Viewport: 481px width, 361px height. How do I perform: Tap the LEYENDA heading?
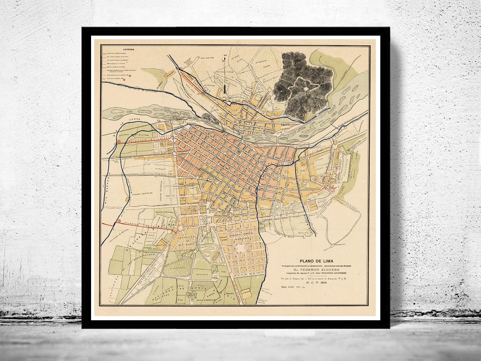(x=129, y=50)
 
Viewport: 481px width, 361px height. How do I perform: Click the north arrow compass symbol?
(x=225, y=74)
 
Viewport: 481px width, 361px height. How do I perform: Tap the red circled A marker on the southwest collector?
(x=120, y=221)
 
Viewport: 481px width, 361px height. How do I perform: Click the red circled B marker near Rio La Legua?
(x=119, y=142)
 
